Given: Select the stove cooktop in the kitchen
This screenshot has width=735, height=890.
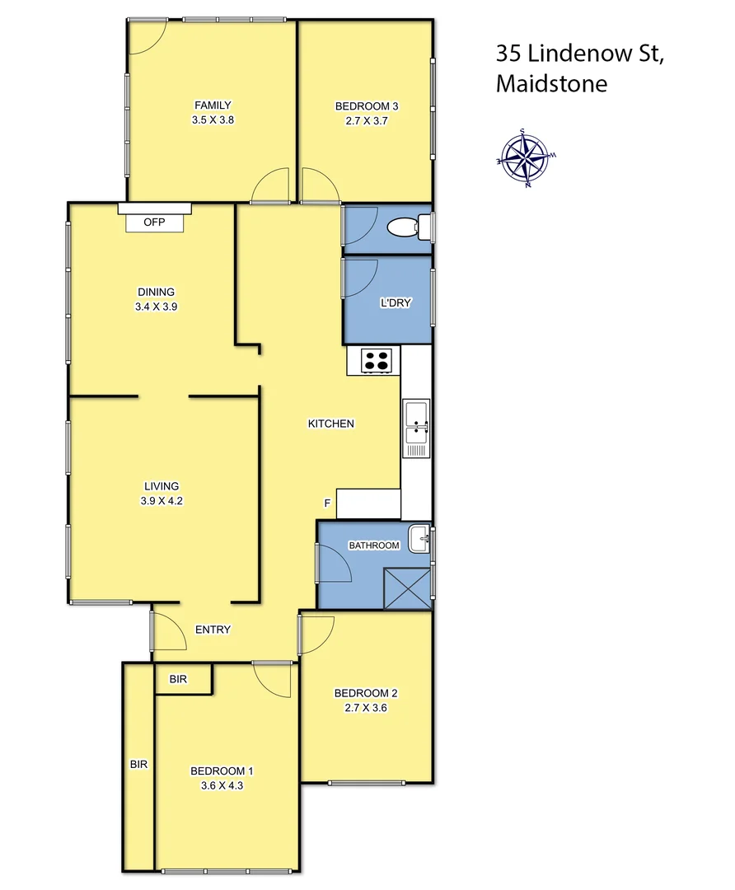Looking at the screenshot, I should [377, 360].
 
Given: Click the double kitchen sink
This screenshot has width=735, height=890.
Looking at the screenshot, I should [416, 428].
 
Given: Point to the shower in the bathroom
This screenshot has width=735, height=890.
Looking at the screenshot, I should [407, 587].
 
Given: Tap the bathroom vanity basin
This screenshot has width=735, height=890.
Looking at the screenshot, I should [420, 540].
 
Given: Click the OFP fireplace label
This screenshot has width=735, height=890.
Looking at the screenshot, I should [154, 222].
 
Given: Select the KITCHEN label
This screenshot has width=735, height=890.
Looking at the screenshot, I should [330, 424].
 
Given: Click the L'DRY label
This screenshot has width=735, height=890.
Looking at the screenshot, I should [396, 302].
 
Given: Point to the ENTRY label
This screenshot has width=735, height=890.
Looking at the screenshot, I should [213, 630].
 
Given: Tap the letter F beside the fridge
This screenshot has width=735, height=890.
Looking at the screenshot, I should [327, 503].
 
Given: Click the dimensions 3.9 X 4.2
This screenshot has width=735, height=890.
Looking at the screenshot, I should [162, 500].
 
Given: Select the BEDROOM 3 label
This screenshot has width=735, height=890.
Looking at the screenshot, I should [367, 105].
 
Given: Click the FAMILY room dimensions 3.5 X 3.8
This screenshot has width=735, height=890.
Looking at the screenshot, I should [212, 119].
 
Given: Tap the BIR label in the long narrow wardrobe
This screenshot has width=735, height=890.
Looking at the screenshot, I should [138, 764].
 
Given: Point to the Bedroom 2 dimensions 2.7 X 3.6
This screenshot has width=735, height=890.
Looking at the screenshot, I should [360, 706].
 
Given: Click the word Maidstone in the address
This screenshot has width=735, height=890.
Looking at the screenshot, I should [551, 83].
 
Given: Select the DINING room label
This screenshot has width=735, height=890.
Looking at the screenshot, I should [156, 291].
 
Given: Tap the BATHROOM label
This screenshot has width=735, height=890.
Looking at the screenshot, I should [373, 546].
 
